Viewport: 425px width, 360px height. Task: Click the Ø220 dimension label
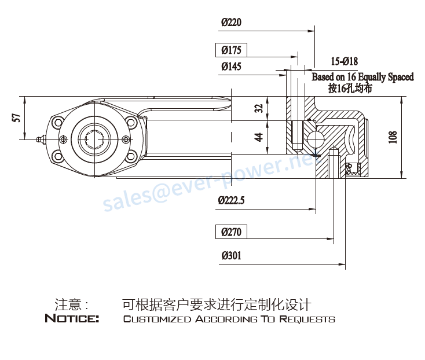tap(231, 22)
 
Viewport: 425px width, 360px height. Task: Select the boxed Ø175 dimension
tap(231, 50)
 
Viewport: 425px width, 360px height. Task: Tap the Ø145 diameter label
tap(231, 67)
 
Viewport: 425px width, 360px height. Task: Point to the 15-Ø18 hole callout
tap(345, 61)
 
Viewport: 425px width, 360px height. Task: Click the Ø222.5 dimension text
tap(231, 200)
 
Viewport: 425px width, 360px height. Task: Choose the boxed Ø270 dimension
tap(231, 232)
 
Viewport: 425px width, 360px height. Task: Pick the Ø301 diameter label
tap(231, 255)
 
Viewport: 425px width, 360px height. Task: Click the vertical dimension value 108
tap(393, 137)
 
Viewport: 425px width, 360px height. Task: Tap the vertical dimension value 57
tap(17, 118)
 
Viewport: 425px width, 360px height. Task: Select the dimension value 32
tap(259, 108)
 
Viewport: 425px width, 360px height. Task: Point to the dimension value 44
tap(259, 137)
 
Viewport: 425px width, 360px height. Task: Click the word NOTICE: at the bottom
tap(72, 318)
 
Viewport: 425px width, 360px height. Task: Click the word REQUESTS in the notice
tap(307, 319)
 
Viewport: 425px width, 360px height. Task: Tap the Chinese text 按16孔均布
tap(350, 89)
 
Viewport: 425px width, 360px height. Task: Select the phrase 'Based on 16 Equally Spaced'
tap(362, 77)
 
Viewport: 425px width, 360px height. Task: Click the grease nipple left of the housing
tap(41, 139)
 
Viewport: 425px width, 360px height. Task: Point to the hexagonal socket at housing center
tap(94, 139)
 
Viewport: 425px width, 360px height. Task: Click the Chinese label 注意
tap(68, 305)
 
